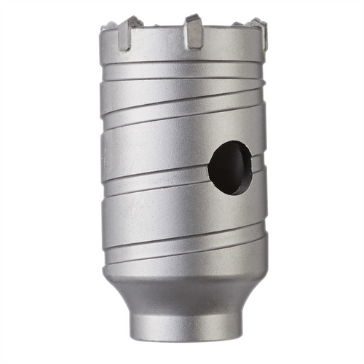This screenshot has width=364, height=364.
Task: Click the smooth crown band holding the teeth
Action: (x=182, y=55)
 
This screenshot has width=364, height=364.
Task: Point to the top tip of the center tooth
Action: (x=193, y=17)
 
